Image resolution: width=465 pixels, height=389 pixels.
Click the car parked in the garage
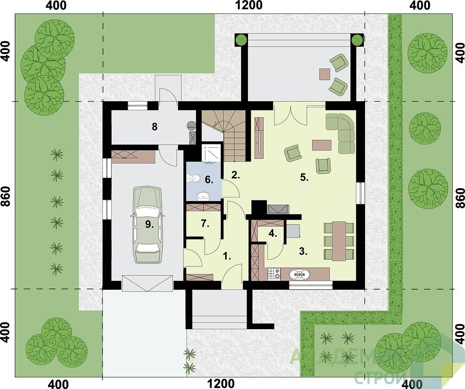(x=148, y=225)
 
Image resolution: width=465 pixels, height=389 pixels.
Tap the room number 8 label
(x=154, y=127)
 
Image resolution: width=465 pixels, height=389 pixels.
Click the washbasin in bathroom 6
(x=203, y=196)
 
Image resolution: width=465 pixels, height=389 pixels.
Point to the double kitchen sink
(x=299, y=275)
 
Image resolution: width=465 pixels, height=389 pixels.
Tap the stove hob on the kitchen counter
(x=274, y=274)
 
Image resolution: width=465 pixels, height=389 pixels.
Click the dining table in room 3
(x=339, y=241)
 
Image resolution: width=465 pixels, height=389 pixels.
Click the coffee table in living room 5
(x=321, y=145)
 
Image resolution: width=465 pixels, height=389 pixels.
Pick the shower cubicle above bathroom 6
(x=211, y=153)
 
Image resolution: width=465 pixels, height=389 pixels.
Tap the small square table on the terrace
(x=325, y=74)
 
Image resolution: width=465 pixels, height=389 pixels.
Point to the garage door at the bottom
(x=148, y=283)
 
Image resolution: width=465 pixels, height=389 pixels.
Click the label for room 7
(x=205, y=224)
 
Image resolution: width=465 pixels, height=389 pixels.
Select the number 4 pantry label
(x=273, y=233)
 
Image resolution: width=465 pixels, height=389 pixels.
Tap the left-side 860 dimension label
(x=6, y=196)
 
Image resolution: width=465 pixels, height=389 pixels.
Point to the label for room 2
(x=236, y=176)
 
